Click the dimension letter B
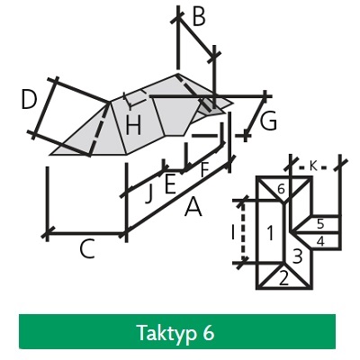coord(199,16)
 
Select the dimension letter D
coord(29,100)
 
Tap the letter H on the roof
coord(133,125)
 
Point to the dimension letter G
coord(268,121)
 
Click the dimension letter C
coord(87,248)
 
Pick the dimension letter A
coord(193,208)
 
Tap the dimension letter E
coord(170,184)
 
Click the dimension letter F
coord(204,169)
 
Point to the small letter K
coord(313,166)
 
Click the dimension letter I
coord(233,233)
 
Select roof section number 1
coord(270,233)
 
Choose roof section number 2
coord(283,278)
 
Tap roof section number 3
coord(297,256)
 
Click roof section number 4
coord(320,242)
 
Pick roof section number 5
coord(320,224)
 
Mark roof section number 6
coord(281,189)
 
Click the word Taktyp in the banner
coord(166,333)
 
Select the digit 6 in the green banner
coord(208,332)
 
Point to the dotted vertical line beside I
coord(243,232)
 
